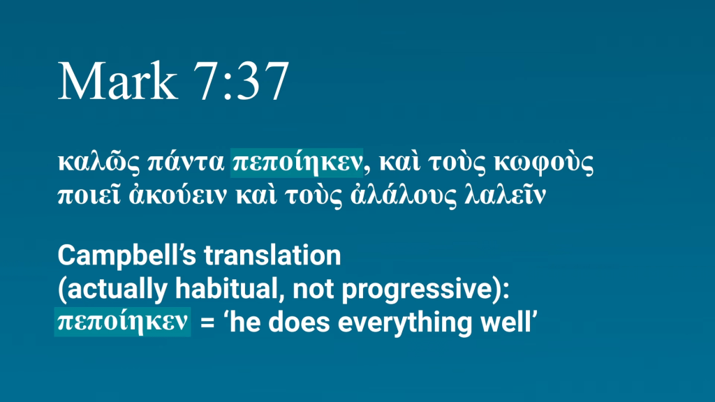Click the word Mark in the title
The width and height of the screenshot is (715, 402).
117,81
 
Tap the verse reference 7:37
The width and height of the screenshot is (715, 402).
241,81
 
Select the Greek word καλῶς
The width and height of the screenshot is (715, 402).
98,162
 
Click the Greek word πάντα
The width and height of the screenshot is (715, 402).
186,162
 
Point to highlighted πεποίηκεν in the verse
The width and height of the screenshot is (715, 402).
297,163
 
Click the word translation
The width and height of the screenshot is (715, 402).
272,255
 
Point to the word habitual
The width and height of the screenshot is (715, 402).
230,289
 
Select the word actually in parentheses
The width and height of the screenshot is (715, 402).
114,290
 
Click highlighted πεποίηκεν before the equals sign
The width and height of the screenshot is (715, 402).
122,322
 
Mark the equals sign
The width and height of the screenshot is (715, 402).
207,322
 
